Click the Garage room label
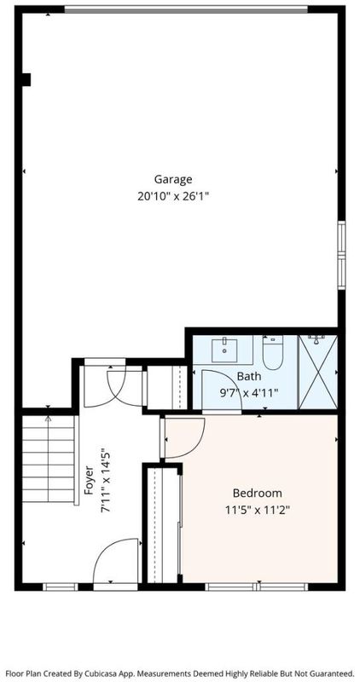click(173, 179)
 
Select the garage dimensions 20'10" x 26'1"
click(173, 197)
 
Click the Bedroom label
click(258, 494)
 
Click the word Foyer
click(89, 480)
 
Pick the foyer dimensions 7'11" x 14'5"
click(105, 480)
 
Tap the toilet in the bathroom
click(273, 352)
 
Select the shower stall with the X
click(318, 372)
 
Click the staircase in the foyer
click(48, 459)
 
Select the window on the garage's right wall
click(342, 255)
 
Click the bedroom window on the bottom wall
click(257, 587)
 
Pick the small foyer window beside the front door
click(60, 587)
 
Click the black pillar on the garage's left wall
click(26, 79)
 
